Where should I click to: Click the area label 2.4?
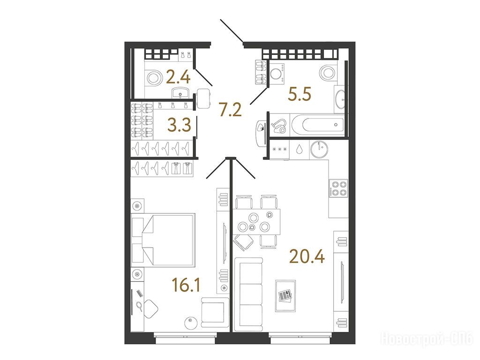[178, 77]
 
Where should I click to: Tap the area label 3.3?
[180, 125]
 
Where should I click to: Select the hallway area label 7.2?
[230, 110]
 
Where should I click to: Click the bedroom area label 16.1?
[186, 285]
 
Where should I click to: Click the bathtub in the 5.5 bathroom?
[317, 125]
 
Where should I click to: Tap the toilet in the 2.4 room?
[154, 77]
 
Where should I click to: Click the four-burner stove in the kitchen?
[338, 188]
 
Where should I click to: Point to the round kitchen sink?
[319, 150]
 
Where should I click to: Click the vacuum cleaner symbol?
[279, 126]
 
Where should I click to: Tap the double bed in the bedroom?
[163, 240]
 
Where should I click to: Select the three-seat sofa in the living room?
[248, 294]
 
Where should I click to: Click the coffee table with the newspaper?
[285, 296]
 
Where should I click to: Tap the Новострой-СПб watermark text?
[427, 339]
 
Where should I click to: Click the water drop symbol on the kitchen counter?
[299, 150]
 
